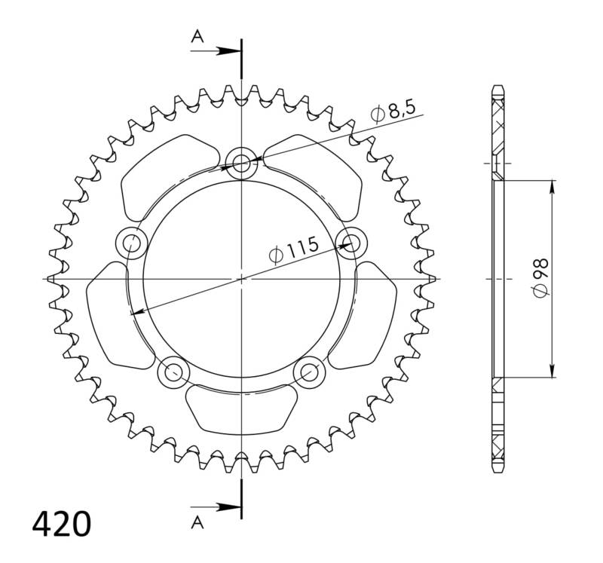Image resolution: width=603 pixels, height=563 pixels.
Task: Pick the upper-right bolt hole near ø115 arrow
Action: pos(351,242)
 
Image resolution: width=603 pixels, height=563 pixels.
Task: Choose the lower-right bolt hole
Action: pos(309,371)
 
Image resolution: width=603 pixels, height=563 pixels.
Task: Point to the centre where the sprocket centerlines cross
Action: pos(241,278)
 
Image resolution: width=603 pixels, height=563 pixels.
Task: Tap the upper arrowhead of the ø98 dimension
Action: pos(553,186)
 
